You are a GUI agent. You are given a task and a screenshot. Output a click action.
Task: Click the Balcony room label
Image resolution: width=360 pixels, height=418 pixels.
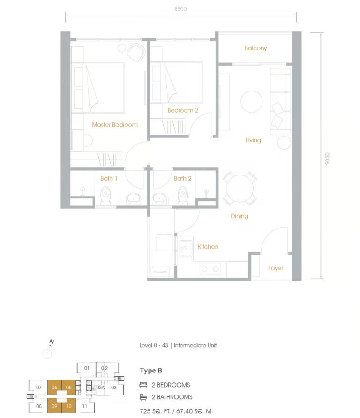click(255, 48)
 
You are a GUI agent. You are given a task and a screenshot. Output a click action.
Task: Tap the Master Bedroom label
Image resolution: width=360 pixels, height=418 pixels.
click(115, 125)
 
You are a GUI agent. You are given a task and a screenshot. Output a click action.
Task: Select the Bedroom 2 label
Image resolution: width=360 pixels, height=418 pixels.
click(183, 110)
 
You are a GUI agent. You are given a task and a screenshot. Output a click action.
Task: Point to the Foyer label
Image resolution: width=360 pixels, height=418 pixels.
click(276, 268)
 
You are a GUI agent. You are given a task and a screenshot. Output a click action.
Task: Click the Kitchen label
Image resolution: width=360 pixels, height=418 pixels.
click(208, 246)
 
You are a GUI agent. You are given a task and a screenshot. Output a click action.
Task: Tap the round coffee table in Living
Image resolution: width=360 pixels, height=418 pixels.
click(252, 101)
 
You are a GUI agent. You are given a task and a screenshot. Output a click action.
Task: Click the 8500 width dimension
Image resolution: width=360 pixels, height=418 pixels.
click(180, 9)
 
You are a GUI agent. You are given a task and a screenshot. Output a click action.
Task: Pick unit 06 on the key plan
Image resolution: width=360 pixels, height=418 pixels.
click(55, 387)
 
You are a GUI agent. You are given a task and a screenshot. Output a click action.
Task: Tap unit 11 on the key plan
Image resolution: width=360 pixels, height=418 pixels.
click(84, 406)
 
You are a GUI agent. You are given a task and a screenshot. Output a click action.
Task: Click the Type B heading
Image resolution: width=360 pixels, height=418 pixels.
click(151, 371)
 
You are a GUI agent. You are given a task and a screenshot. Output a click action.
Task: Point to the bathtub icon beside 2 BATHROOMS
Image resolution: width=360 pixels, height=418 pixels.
click(143, 397)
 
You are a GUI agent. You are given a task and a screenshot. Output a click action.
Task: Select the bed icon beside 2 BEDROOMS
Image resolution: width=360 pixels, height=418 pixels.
click(143, 385)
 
